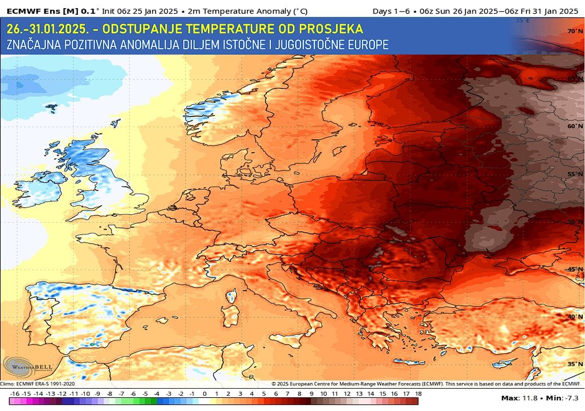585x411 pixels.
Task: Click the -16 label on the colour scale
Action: click(15, 394)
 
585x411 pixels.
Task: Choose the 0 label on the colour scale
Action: click(204, 394)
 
